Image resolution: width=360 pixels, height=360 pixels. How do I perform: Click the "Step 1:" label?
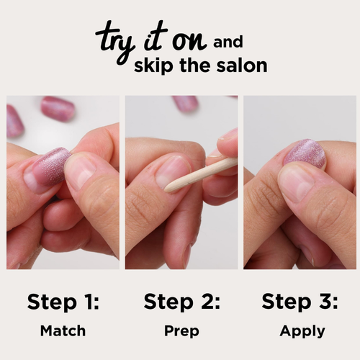[x=63, y=301]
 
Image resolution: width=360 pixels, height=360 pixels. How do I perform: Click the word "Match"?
[x=63, y=331]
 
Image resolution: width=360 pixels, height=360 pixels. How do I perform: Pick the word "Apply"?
[x=302, y=332]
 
